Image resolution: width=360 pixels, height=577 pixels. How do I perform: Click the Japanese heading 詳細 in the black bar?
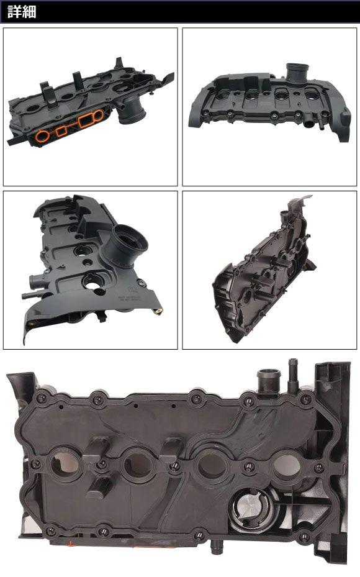click(22, 12)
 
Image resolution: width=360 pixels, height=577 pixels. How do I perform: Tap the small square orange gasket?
click(61, 130)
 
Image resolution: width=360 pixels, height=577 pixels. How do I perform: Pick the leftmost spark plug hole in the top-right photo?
click(222, 96)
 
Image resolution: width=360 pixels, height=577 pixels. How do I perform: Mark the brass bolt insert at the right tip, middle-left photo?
click(159, 311)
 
